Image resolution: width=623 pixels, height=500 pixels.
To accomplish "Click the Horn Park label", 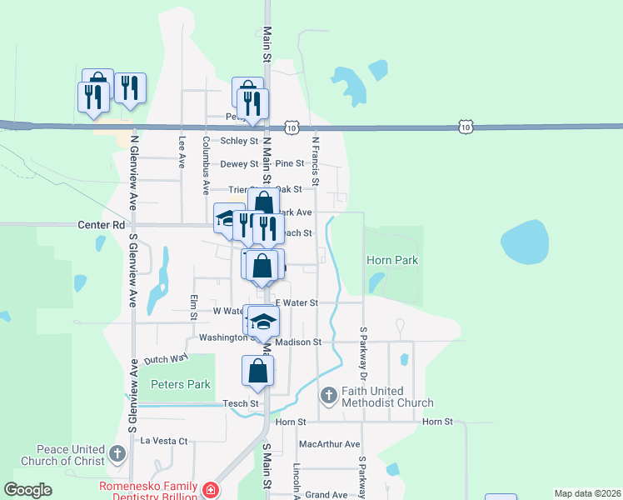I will click(392, 261).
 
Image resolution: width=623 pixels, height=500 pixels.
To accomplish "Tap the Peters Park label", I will click(181, 384).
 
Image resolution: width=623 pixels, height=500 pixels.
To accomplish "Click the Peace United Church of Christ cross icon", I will click(117, 454).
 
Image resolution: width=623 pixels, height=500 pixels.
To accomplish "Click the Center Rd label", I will click(101, 225).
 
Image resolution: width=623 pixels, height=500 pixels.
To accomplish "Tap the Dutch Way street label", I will click(167, 360).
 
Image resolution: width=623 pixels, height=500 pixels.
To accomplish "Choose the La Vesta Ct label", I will click(165, 440).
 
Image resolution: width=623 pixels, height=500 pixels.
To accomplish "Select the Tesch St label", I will click(242, 403).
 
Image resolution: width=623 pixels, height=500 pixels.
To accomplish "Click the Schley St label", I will click(239, 141).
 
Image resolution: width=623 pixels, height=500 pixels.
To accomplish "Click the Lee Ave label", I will click(182, 152).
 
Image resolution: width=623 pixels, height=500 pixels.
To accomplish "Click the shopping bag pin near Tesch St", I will click(257, 371).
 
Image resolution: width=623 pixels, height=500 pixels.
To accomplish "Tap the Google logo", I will click(27, 490).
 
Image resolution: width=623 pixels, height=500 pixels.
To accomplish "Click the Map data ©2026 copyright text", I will click(587, 493).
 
